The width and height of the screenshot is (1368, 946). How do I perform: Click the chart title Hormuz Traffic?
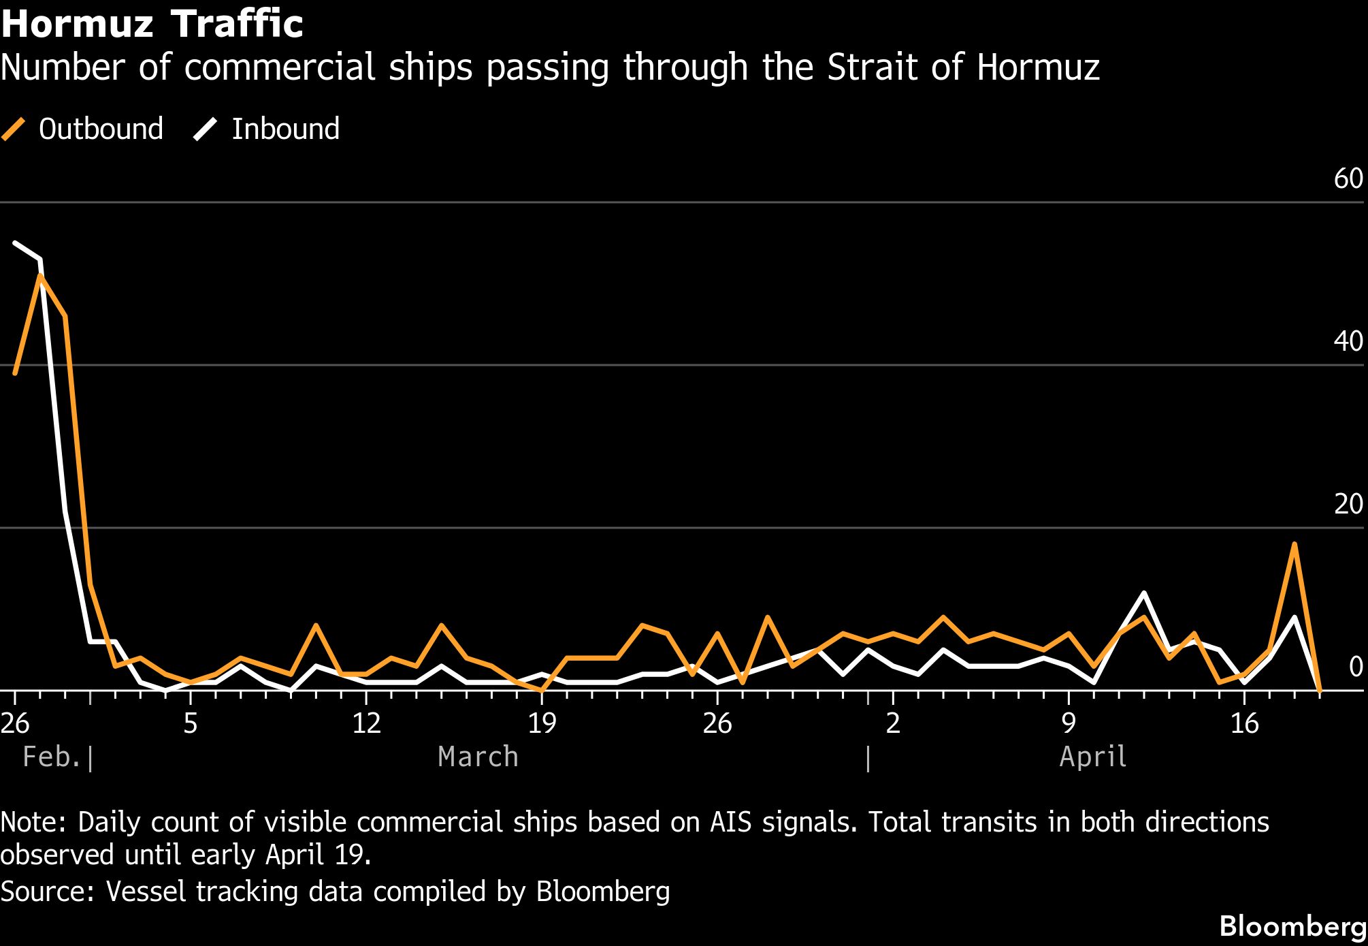coord(152,24)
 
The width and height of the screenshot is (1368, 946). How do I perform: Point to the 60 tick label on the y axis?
coord(1348,178)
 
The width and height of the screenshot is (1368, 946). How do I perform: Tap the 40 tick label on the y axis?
coord(1348,341)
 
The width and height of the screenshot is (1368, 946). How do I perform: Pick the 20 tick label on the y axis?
coord(1348,504)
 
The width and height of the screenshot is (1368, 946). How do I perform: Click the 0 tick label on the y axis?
coord(1355,667)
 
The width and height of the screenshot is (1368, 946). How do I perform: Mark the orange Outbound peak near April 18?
coord(1294,544)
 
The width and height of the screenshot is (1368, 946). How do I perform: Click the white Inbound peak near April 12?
coord(1143,593)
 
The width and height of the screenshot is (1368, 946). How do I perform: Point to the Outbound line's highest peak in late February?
coord(40,276)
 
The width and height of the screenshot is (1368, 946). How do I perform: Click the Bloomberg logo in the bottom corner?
coord(1292,926)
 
